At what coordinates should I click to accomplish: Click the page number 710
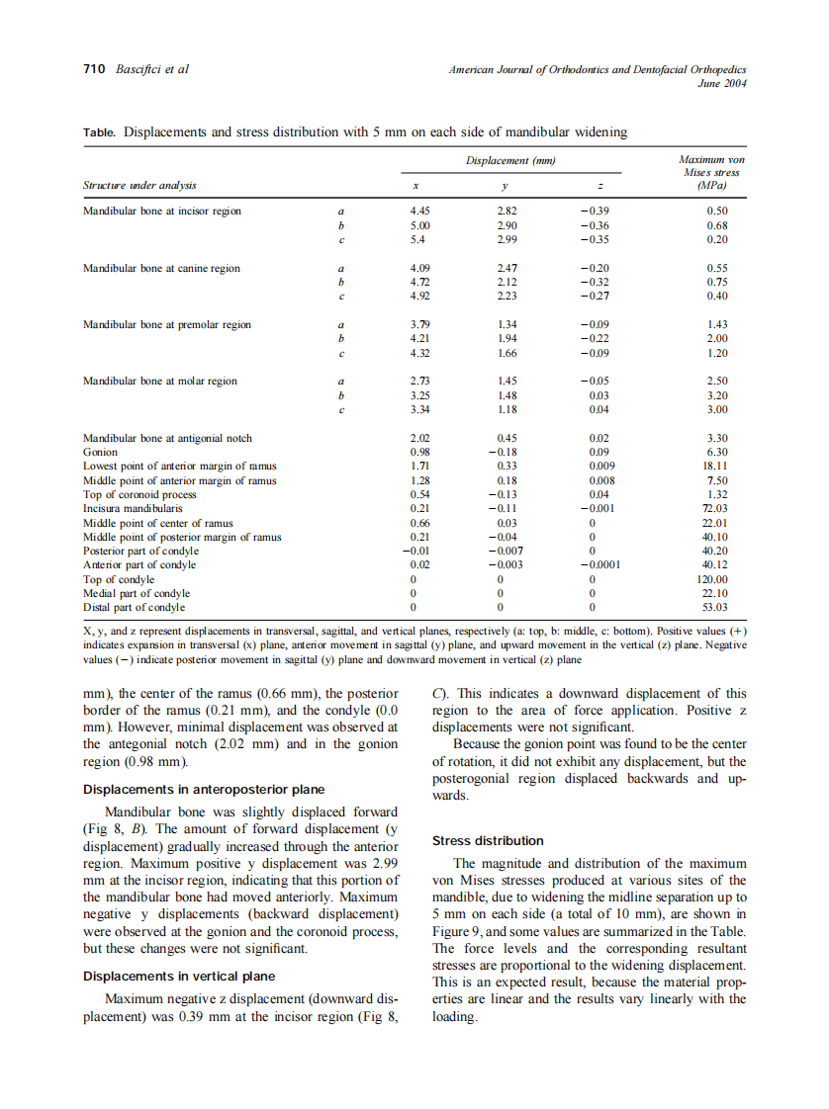pyautogui.click(x=94, y=70)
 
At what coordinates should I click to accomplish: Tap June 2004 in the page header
pyautogui.click(x=722, y=83)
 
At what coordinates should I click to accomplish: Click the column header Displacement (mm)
pyautogui.click(x=509, y=161)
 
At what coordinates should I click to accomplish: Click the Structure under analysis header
pyautogui.click(x=139, y=185)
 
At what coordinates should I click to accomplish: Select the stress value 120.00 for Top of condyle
pyautogui.click(x=712, y=579)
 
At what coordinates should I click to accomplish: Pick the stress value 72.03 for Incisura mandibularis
pyautogui.click(x=713, y=509)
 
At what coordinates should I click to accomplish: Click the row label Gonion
pyautogui.click(x=101, y=452)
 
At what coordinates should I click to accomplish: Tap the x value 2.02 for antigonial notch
pyautogui.click(x=419, y=438)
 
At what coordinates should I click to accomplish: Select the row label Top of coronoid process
pyautogui.click(x=139, y=494)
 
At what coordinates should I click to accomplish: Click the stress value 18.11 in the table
pyautogui.click(x=714, y=466)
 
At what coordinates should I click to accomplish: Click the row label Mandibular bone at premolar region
pyautogui.click(x=167, y=325)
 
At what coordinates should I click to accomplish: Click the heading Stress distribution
pyautogui.click(x=488, y=841)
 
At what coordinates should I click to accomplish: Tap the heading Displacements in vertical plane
pyautogui.click(x=179, y=976)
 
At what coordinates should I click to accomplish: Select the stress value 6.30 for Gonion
pyautogui.click(x=717, y=452)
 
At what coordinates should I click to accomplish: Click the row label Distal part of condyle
pyautogui.click(x=134, y=607)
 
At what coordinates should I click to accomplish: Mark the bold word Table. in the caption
pyautogui.click(x=100, y=132)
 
